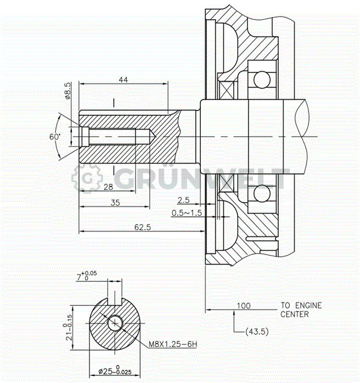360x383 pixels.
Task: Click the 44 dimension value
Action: point(123,80)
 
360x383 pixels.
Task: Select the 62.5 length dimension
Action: point(141,228)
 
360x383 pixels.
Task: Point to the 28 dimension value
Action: point(108,187)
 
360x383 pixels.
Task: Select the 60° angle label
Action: point(54,137)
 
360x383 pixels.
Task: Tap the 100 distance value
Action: point(244,306)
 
